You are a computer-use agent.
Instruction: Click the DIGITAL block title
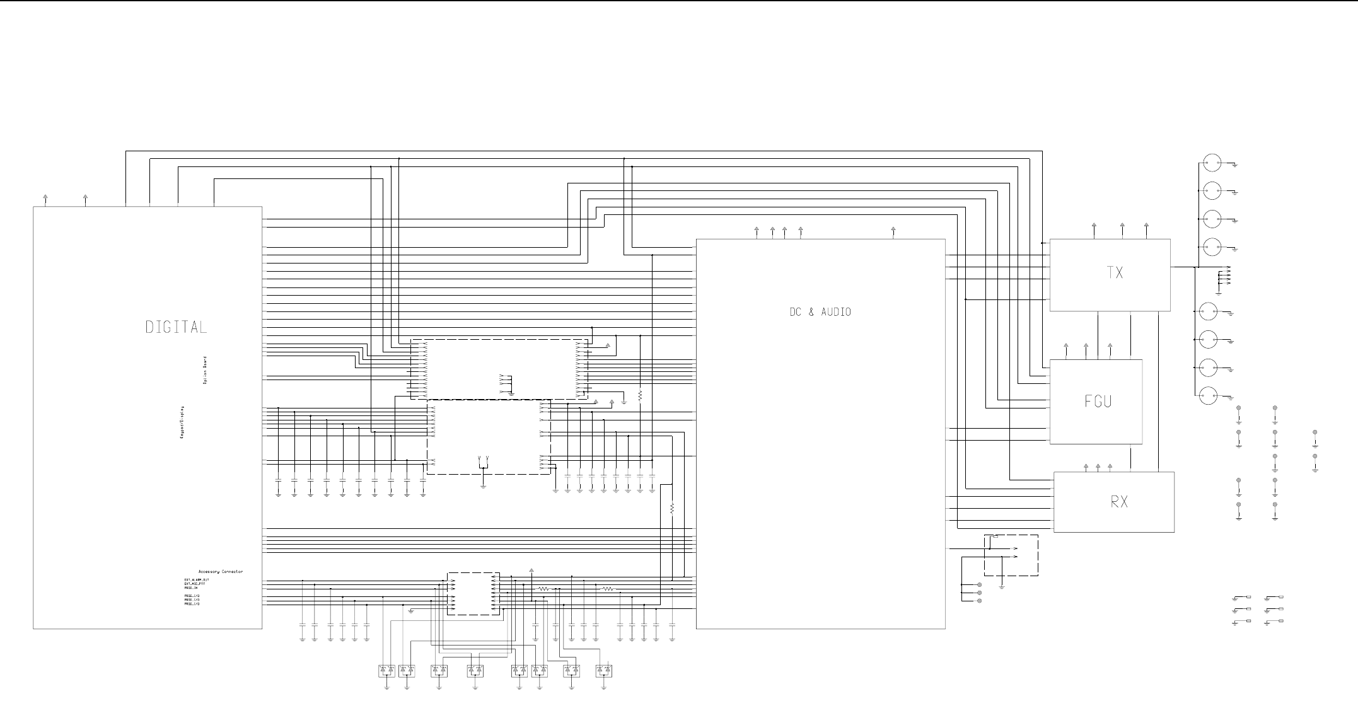tap(176, 327)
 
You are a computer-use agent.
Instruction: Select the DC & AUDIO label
tap(820, 312)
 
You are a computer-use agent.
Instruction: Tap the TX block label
tap(1115, 273)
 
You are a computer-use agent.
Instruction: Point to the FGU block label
tap(1098, 401)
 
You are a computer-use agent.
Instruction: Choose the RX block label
tap(1119, 502)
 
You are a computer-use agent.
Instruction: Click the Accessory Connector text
tap(220, 572)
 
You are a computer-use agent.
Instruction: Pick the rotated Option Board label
tap(205, 371)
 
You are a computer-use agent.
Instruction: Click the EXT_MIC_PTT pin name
tap(194, 584)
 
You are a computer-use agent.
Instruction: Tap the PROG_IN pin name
tap(192, 588)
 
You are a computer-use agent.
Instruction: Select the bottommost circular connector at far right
tap(1208, 396)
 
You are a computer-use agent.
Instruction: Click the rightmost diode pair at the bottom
tap(604, 670)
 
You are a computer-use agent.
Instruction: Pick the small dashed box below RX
tap(1011, 555)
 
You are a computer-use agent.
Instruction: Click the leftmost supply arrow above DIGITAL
tap(45, 198)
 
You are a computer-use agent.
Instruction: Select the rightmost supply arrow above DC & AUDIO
tap(893, 230)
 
